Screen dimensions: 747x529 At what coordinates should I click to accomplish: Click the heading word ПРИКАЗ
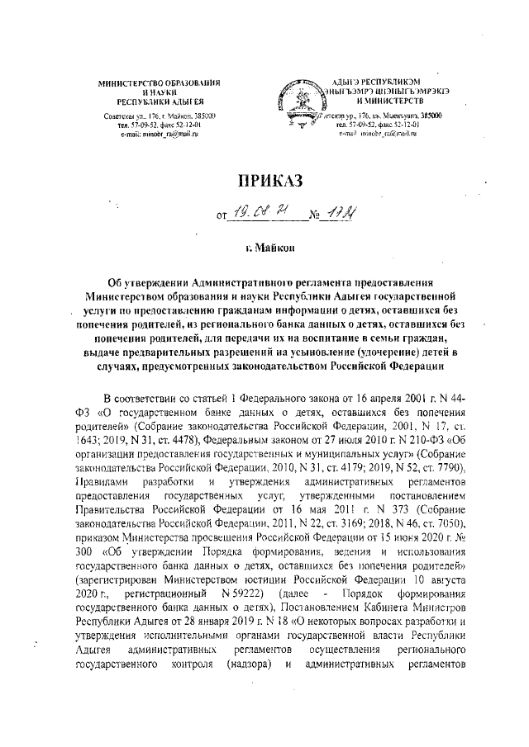(264, 180)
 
